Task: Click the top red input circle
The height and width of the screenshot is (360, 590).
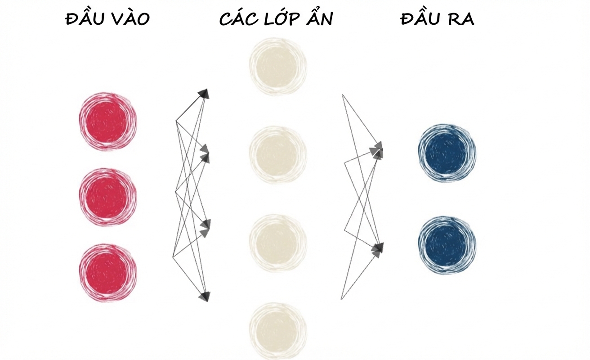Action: click(108, 121)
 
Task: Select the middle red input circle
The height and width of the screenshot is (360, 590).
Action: click(108, 197)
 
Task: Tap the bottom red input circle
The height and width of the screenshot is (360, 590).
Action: click(108, 273)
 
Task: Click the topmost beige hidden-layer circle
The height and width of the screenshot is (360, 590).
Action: click(278, 66)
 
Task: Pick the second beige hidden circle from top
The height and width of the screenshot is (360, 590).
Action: click(278, 154)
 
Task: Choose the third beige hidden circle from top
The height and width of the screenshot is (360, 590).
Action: click(278, 243)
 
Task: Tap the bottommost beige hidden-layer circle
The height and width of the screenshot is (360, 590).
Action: click(278, 331)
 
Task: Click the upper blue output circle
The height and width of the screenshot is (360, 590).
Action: click(447, 153)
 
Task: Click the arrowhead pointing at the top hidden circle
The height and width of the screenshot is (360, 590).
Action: click(204, 94)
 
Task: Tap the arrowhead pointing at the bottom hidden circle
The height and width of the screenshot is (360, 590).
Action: click(205, 297)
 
